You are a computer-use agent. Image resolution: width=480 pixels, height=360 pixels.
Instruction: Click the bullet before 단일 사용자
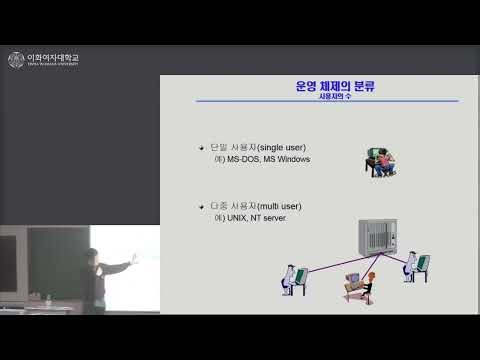pos(201,148)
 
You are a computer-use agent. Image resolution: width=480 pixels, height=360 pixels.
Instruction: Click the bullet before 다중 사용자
pos(201,206)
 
